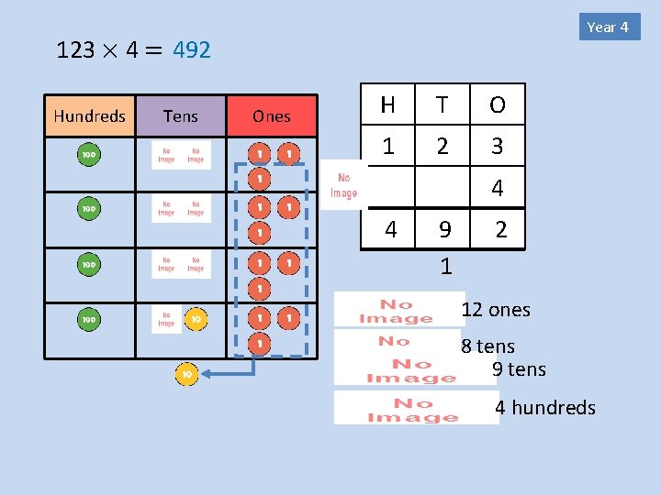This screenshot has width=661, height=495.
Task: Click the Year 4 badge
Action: (x=608, y=27)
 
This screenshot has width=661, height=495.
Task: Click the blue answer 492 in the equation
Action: (x=191, y=50)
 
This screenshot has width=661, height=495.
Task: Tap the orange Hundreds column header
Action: (x=89, y=115)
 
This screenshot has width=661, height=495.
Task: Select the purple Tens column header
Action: (x=180, y=115)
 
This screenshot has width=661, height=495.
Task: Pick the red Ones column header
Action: (x=272, y=116)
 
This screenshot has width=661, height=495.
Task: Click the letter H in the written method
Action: (x=387, y=105)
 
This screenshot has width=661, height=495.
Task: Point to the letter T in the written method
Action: (x=443, y=105)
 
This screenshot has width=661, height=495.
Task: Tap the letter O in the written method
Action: (x=497, y=105)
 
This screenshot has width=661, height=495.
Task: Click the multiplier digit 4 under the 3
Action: (x=497, y=189)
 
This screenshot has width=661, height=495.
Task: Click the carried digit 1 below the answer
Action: (x=445, y=267)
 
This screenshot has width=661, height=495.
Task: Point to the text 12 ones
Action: (x=496, y=310)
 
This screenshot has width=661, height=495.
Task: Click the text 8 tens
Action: (x=487, y=346)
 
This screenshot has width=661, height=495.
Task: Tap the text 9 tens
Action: (x=519, y=369)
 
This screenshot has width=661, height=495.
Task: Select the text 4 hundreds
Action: (x=545, y=408)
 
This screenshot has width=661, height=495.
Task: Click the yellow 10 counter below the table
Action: (x=186, y=374)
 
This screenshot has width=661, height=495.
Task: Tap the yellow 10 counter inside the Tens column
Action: (x=196, y=320)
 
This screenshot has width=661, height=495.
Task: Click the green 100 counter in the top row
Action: (x=89, y=155)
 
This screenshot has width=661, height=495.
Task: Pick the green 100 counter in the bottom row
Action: (x=89, y=320)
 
